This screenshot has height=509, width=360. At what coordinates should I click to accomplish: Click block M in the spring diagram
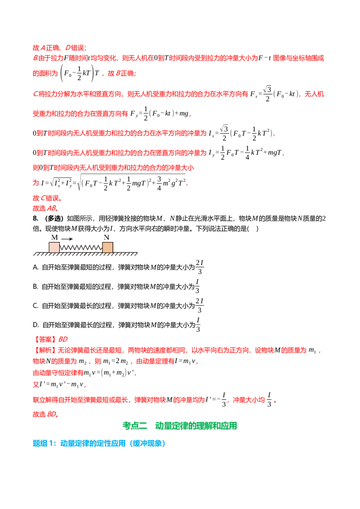pos(54,247)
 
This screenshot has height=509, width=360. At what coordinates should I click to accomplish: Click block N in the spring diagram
pos(108,247)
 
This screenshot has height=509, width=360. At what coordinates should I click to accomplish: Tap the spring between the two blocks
pos(81,248)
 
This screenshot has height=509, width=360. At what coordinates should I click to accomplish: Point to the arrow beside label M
pos(67,239)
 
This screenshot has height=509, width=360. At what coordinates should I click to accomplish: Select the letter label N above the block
pos(106,237)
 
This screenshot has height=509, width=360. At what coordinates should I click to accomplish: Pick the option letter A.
pos(36,267)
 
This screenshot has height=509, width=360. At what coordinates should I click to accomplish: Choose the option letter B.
pos(36,286)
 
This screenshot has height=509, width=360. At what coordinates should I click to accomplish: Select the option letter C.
pos(36,305)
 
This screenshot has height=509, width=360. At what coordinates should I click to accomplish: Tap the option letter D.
pos(36,325)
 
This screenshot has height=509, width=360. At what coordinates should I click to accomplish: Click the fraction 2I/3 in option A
pos(199,267)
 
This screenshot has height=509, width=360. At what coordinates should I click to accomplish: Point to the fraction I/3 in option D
pos(198,325)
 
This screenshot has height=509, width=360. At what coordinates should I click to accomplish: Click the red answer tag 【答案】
pos(45,339)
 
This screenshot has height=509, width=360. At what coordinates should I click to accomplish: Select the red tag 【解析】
pos(45,350)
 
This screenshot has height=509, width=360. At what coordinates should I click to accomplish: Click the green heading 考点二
pos(135,425)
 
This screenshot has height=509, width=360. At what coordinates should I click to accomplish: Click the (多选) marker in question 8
pos(54,219)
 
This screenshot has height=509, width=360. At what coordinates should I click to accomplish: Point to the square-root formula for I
pos(114,183)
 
